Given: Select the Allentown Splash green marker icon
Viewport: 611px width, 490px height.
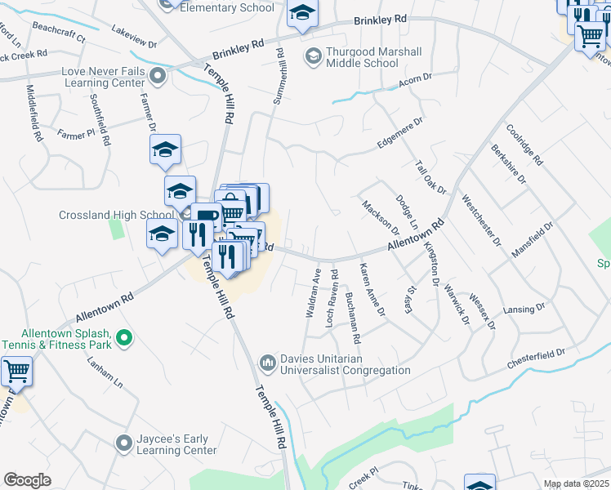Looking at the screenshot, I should pos(123,336).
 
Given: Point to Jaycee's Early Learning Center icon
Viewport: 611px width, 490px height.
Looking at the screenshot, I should pos(123,443).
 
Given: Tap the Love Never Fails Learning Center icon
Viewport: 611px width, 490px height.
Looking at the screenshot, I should pos(158,78).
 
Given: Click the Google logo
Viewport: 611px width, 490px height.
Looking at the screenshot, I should pos(27,479).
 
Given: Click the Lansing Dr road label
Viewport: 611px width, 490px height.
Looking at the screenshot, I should pos(524,309).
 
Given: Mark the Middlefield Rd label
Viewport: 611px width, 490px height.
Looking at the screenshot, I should pos(33,114).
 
